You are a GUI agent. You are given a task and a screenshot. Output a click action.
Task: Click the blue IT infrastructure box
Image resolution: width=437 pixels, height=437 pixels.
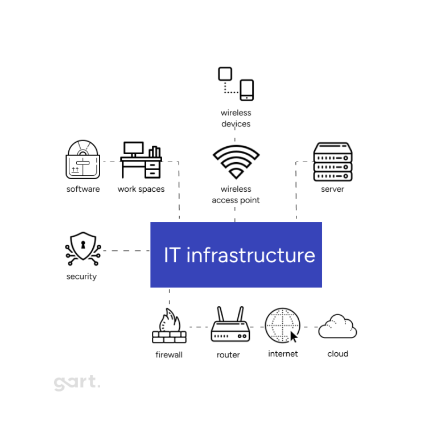coord(236,254)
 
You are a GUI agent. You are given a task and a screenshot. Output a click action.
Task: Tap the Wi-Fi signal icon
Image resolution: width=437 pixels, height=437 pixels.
coord(236,162)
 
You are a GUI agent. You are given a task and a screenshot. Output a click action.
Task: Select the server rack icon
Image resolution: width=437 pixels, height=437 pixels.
coord(333,162)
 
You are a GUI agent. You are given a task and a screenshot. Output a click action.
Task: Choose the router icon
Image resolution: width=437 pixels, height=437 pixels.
coord(230,325)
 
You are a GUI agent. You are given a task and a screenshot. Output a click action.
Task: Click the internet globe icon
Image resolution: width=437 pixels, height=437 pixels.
coord(282,325)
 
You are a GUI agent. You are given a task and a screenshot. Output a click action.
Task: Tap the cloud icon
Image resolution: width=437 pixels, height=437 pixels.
coord(337,327)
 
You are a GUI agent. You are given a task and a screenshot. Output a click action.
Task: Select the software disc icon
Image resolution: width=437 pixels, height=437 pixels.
coord(83,160)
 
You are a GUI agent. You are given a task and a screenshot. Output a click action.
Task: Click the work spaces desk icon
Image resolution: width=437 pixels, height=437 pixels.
coord(141,160)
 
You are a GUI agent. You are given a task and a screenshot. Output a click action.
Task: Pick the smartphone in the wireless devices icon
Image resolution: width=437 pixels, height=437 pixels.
coord(247,90)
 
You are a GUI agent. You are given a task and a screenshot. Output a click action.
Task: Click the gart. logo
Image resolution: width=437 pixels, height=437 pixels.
coord(77,383)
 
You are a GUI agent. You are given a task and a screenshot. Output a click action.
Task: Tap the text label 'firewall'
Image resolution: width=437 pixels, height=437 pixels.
coord(169,355)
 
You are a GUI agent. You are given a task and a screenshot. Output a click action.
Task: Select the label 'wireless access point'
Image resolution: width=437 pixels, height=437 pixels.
coord(236,195)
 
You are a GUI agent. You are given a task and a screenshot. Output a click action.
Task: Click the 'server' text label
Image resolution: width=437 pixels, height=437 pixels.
coord(332,189)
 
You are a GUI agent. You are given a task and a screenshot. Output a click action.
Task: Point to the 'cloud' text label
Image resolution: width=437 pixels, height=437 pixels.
coord(337,354)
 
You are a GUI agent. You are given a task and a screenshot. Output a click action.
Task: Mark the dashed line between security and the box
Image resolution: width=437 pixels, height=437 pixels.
coord(126,250)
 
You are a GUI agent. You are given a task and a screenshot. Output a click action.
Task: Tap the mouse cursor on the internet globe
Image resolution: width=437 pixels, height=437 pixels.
coord(294,336)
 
